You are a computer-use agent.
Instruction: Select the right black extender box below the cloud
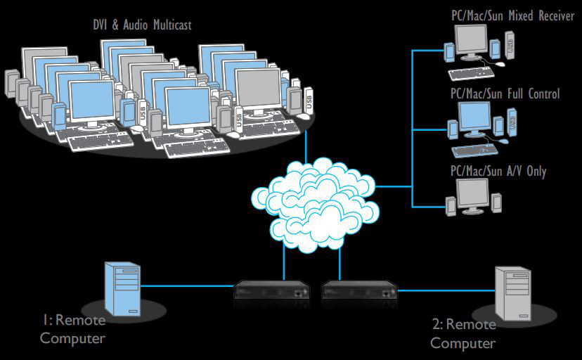[360, 290]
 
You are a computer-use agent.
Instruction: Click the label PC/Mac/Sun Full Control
[504, 94]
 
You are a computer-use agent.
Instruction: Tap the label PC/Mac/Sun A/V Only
[498, 171]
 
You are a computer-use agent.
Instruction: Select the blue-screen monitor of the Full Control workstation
[474, 118]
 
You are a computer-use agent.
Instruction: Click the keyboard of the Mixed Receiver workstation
[472, 73]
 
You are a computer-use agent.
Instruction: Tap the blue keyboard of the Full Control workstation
[473, 150]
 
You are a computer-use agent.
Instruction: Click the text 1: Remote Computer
[72, 329]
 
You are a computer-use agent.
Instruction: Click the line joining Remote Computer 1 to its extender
[186, 286]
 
